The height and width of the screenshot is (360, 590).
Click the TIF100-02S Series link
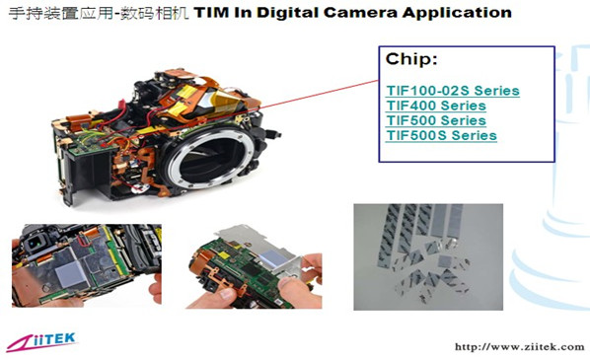point(452,91)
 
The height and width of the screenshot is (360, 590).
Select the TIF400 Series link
point(435,106)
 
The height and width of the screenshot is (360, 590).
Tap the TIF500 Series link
point(435,120)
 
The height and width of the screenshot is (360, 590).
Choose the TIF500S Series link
point(440,135)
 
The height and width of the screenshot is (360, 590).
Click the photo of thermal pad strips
point(427,253)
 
